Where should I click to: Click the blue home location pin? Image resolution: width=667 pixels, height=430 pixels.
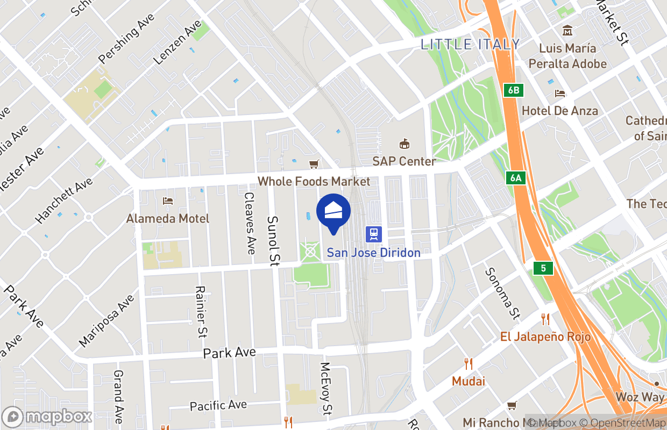[x=334, y=212]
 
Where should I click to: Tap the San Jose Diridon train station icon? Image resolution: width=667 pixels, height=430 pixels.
[x=373, y=234]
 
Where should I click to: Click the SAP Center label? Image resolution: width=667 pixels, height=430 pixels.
[x=404, y=161]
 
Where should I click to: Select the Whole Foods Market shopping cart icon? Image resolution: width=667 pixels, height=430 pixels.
[x=314, y=164]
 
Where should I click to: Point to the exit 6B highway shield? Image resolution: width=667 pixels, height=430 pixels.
[x=514, y=90]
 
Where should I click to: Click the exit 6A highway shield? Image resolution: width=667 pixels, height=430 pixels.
[x=515, y=178]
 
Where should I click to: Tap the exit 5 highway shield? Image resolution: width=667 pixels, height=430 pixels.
[x=543, y=268]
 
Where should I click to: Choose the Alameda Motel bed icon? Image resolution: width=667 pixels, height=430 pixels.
[x=168, y=201]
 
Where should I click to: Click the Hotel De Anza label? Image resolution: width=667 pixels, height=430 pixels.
[x=560, y=111]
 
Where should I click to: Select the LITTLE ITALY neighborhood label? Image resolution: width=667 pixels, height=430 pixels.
[x=470, y=44]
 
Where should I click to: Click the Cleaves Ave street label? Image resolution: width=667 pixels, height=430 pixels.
[x=250, y=224]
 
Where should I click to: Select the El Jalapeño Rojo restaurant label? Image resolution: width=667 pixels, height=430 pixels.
[x=545, y=337]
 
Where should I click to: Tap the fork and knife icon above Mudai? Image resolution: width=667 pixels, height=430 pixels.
[x=469, y=364]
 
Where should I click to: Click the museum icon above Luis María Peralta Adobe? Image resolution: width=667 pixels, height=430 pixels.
[x=567, y=31]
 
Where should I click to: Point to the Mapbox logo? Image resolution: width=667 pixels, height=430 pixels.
[x=48, y=417]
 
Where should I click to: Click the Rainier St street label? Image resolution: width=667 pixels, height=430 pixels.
[x=201, y=312]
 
